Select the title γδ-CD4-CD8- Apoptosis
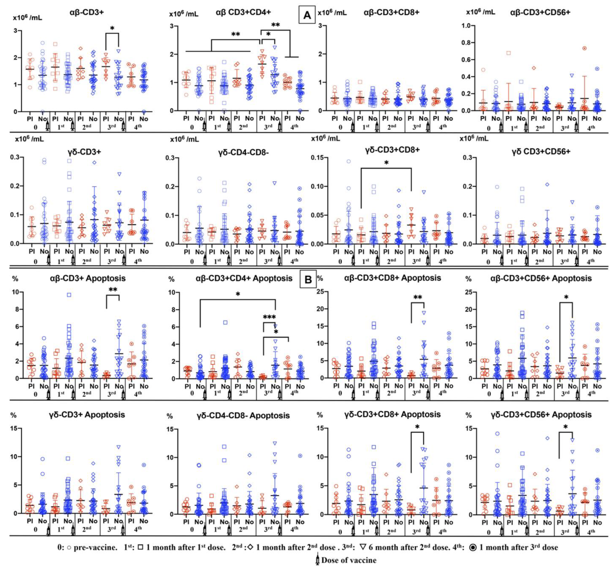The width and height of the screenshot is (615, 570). click(243, 415)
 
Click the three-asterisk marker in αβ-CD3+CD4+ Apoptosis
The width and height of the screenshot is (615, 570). click(269, 317)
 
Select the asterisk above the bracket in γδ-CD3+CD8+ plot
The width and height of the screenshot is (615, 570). click(386, 163)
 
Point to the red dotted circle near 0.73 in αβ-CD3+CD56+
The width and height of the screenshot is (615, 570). click(584, 48)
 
